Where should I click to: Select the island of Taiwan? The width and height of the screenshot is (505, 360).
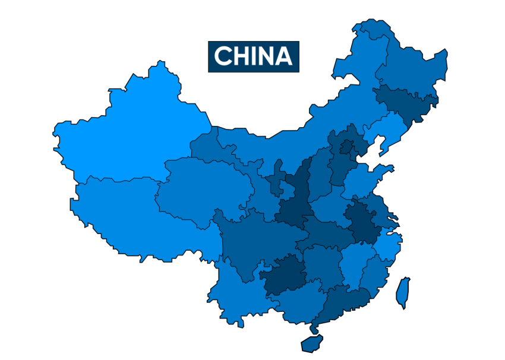coord(404,292)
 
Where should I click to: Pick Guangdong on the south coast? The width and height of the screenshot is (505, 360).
coord(345,303)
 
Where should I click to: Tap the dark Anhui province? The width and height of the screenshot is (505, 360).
coord(362,223)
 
